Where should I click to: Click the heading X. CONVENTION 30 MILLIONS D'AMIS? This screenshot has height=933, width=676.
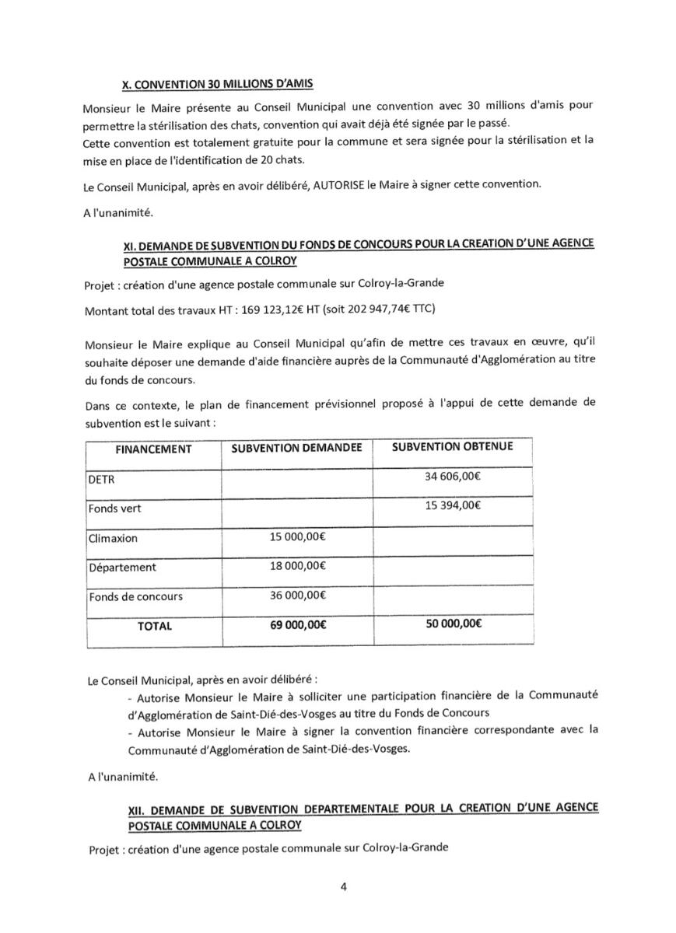(x=219, y=84)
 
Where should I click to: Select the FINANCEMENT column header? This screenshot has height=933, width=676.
(x=153, y=449)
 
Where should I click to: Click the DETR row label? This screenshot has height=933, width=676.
(x=101, y=480)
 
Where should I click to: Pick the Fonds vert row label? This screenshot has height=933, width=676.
(x=114, y=508)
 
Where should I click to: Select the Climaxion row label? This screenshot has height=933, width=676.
(x=112, y=538)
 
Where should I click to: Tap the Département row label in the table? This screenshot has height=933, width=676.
(x=121, y=568)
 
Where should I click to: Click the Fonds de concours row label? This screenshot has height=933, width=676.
(x=135, y=596)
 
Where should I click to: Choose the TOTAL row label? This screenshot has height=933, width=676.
(x=155, y=626)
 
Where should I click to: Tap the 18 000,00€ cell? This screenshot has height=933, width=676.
(x=297, y=566)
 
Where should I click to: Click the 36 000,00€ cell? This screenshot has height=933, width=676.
(x=297, y=596)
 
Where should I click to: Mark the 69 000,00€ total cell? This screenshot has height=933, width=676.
(x=297, y=625)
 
